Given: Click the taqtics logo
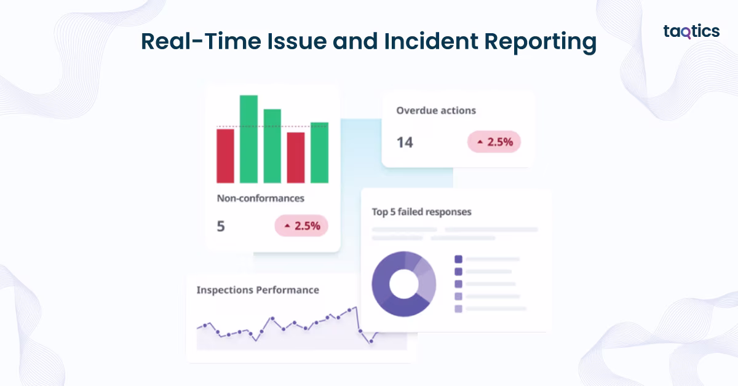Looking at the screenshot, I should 691,32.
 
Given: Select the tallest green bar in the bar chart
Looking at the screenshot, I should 248,139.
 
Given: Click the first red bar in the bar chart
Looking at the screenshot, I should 225,156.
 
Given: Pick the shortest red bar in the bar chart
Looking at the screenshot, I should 296,157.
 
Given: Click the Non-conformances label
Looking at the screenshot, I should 261,199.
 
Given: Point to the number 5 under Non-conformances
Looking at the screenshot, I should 221,226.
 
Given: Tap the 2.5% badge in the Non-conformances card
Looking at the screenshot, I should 301,226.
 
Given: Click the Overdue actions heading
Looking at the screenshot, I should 436,111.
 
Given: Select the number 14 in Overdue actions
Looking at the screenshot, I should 405,143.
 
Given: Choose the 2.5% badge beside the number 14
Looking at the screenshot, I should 494,142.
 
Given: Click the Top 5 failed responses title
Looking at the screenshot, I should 421,211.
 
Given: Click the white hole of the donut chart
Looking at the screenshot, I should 403,283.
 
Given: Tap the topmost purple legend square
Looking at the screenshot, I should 458,259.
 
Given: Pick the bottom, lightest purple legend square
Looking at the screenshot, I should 458,309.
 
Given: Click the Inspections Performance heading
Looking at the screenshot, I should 258,289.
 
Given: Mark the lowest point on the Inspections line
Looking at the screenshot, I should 371,342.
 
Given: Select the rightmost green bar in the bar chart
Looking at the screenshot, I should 319,152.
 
